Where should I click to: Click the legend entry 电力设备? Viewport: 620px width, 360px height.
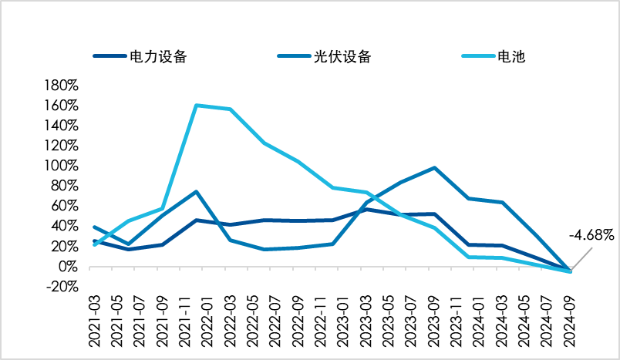[x=140, y=56]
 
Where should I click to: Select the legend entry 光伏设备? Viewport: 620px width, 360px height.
[x=324, y=56]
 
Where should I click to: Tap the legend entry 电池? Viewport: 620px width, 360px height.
[x=494, y=56]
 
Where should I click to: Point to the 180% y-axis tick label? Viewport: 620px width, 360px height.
[x=61, y=86]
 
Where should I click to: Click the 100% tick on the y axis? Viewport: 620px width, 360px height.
[x=61, y=166]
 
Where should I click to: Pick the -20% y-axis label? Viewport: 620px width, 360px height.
[x=62, y=287]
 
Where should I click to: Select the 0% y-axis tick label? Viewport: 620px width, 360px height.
[x=68, y=267]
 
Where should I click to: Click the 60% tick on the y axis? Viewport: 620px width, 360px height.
[x=65, y=206]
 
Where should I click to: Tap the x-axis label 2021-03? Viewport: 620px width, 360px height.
[x=95, y=321]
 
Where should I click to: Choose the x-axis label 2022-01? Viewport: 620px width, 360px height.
[x=207, y=321]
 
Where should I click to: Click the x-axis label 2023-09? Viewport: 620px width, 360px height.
[x=433, y=321]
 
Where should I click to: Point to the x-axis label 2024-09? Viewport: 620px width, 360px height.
[x=569, y=321]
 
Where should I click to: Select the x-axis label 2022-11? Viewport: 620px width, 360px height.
[x=321, y=321]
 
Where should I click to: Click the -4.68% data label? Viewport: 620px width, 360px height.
[x=591, y=236]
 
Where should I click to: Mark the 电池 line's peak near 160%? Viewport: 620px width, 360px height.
[x=197, y=105]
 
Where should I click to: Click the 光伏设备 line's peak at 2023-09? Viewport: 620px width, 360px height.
[x=435, y=168]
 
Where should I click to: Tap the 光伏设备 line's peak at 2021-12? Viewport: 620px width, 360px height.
[x=197, y=192]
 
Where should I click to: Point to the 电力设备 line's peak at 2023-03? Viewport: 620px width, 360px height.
[x=367, y=210]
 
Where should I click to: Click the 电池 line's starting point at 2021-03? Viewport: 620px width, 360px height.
[x=95, y=245]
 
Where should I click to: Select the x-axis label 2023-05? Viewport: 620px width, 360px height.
[x=389, y=321]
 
